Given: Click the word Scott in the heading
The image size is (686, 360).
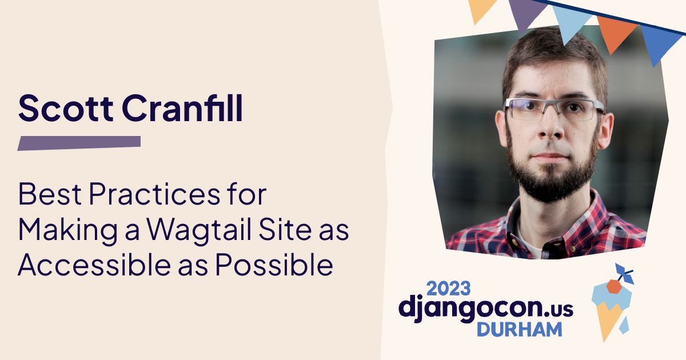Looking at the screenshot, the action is tap(66, 109).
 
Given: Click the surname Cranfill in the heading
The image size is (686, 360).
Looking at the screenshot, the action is tap(182, 108).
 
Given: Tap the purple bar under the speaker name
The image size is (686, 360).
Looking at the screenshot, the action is tap(79, 143).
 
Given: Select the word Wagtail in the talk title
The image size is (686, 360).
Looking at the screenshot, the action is tap(200, 230).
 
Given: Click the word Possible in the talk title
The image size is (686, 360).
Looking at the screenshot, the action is tap(274, 264).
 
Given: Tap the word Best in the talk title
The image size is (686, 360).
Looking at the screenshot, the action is tap(50, 194).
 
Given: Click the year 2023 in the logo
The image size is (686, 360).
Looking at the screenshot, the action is tap(448, 289).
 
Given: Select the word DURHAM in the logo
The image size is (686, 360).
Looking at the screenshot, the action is tap(520, 329).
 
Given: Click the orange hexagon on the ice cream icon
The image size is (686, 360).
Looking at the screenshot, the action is tap(614, 286).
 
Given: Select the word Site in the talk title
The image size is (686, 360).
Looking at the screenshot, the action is tap(285, 229).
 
